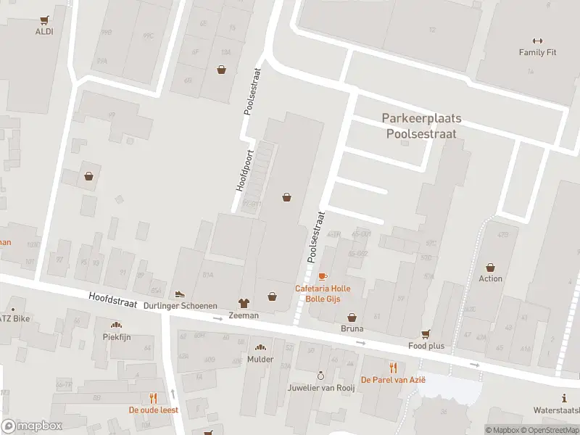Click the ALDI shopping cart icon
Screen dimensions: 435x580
pos(45,20)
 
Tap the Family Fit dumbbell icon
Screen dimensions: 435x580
pos(537,41)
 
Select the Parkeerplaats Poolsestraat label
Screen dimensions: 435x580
pos(421,125)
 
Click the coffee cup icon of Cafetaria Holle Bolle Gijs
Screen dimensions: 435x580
pos(323,276)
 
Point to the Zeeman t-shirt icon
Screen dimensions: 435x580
pos(244,303)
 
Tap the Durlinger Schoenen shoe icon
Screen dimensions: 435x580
pos(179,294)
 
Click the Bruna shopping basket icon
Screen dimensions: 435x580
pos(352,317)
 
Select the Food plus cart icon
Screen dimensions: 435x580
pos(426,334)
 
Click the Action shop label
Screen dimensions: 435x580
pos(490,278)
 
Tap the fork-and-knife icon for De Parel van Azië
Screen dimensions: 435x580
pos(393,367)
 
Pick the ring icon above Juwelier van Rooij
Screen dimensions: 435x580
pos(321,375)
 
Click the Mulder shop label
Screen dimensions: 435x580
pos(260,359)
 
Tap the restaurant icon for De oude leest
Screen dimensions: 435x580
pos(153,397)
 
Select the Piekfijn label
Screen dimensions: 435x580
pos(116,337)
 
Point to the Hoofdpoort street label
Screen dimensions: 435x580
pos(244,170)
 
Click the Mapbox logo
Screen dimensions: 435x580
pos(32,426)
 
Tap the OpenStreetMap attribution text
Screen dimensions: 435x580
pos(549,430)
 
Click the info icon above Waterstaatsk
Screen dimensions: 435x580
pos(564,397)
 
